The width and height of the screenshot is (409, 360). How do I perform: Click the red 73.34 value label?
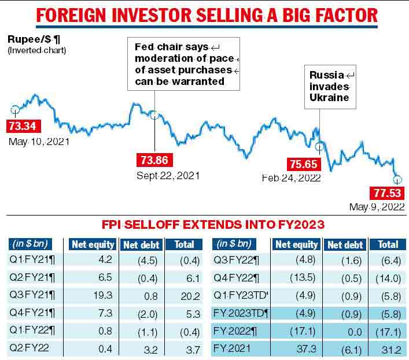24,125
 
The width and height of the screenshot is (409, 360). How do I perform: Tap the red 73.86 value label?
154,160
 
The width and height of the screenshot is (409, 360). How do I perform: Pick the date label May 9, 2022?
377,207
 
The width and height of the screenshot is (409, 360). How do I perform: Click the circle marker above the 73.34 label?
14,109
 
